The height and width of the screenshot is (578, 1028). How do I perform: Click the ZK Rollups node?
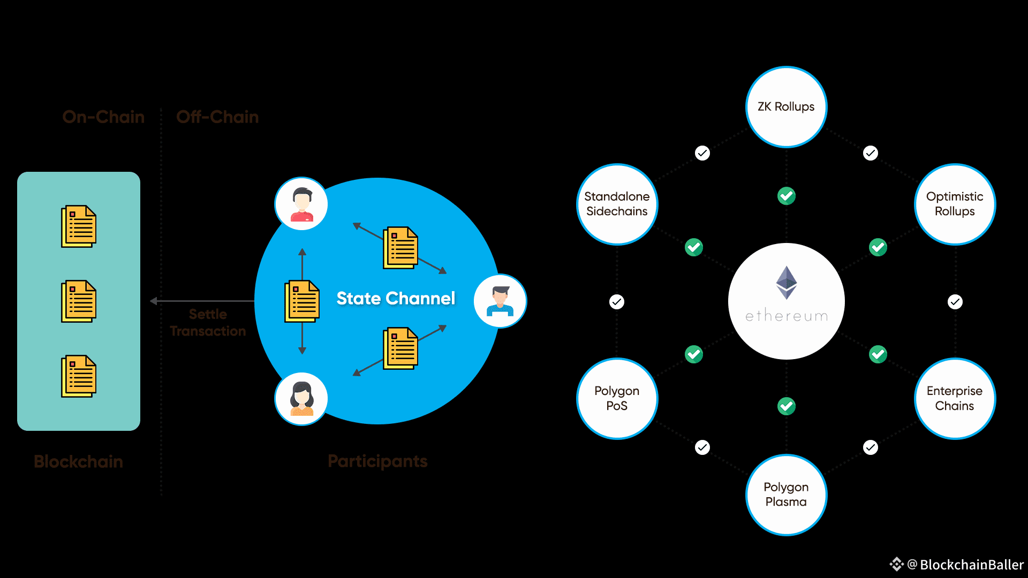(786, 107)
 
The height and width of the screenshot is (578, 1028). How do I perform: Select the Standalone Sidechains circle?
(617, 204)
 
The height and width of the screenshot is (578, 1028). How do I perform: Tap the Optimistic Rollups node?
(955, 204)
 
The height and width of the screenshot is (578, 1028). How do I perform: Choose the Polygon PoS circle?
(617, 398)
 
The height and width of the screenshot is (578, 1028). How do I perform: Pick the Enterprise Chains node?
(955, 398)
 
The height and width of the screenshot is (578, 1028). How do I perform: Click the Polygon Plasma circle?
(786, 495)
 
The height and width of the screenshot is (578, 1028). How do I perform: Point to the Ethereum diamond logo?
(787, 283)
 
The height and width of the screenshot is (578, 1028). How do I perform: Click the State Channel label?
(396, 298)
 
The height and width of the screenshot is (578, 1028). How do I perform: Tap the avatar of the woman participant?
(301, 399)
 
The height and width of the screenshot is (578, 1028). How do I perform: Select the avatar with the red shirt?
(301, 204)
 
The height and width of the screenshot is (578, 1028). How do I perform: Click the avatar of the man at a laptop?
(500, 301)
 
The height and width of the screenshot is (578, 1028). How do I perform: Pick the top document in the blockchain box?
(79, 226)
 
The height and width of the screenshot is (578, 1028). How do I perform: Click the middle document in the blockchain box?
(79, 301)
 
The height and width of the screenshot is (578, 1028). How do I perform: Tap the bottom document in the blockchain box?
(79, 376)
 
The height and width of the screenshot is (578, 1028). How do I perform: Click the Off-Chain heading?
(217, 117)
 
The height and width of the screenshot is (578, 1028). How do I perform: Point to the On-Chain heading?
(103, 117)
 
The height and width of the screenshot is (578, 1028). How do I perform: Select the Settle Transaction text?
(208, 323)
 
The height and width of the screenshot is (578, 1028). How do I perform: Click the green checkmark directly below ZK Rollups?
(787, 196)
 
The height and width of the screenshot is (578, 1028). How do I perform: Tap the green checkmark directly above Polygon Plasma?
(787, 406)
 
